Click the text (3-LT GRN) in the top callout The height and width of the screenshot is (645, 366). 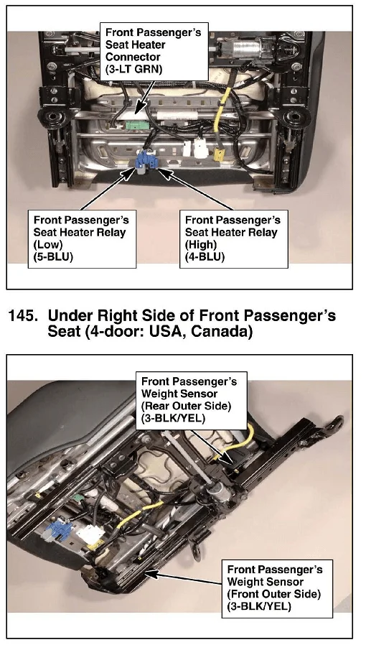tap(134, 69)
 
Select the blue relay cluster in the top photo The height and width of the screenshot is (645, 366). tap(146, 161)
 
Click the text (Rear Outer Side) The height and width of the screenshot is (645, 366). tap(186, 406)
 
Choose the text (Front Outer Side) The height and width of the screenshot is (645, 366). tap(273, 594)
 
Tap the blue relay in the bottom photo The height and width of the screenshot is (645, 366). tap(58, 530)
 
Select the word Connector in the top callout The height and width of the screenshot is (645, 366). tap(133, 57)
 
